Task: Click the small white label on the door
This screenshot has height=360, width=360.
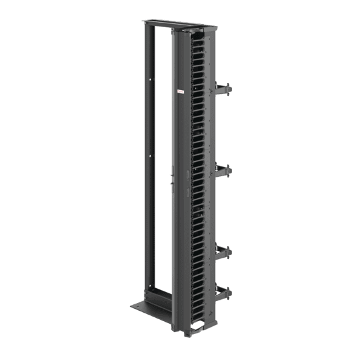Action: (x=180, y=96)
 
